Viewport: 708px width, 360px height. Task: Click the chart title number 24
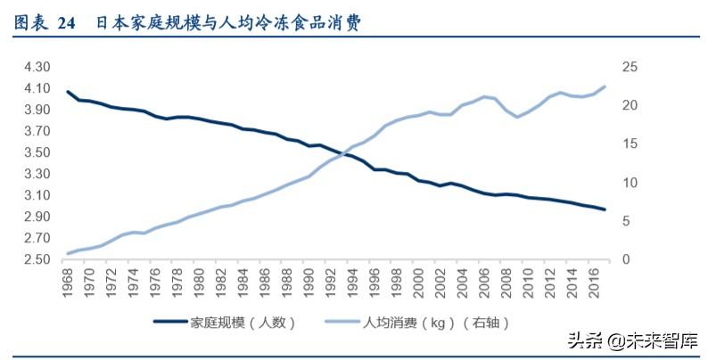click(x=67, y=24)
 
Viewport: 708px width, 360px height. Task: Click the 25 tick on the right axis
click(x=630, y=67)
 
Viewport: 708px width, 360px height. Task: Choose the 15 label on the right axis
click(x=630, y=144)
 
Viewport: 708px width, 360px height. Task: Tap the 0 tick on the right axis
click(x=626, y=260)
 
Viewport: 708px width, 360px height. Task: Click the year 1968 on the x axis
click(x=70, y=285)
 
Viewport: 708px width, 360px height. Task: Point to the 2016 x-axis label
click(x=594, y=285)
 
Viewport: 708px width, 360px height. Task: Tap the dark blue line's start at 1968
click(x=69, y=92)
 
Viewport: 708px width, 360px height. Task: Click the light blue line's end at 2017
click(x=605, y=86)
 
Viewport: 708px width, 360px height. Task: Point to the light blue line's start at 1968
click(x=69, y=254)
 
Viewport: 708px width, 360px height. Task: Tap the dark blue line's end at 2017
click(x=605, y=209)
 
